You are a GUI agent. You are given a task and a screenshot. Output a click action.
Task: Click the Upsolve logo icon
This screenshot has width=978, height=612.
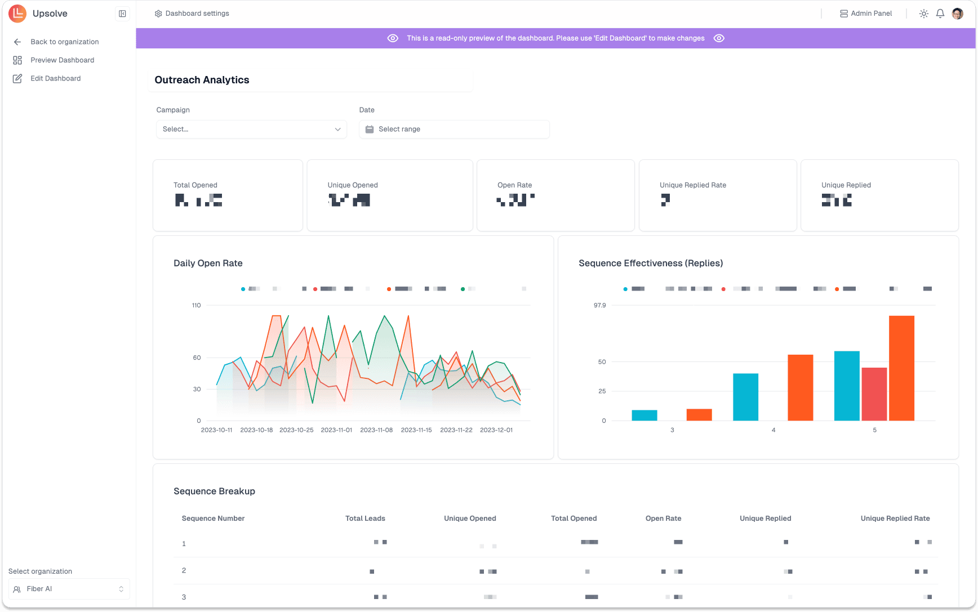pyautogui.click(x=17, y=14)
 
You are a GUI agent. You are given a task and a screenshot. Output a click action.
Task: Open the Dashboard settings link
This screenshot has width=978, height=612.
pyautogui.click(x=192, y=14)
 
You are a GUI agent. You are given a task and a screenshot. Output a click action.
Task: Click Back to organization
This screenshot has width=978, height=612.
pyautogui.click(x=64, y=42)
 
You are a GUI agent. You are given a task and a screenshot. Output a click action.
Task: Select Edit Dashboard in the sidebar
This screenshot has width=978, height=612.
pyautogui.click(x=55, y=78)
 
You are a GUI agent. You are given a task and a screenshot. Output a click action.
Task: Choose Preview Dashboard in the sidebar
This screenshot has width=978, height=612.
pyautogui.click(x=62, y=60)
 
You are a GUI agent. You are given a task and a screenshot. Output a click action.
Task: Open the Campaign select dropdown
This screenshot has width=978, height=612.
pyautogui.click(x=251, y=129)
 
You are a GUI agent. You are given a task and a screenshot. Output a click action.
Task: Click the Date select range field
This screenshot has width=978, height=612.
pyautogui.click(x=454, y=129)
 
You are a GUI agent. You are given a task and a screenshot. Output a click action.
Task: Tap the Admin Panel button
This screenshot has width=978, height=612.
pyautogui.click(x=866, y=14)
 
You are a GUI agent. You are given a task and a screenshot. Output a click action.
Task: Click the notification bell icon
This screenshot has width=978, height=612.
pyautogui.click(x=940, y=14)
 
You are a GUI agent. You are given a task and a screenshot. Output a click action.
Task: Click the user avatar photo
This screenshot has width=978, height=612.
pyautogui.click(x=958, y=14)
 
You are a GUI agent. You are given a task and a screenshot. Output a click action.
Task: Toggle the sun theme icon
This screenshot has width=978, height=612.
pyautogui.click(x=924, y=14)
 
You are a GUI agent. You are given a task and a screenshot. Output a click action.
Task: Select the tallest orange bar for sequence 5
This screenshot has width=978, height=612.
pyautogui.click(x=901, y=368)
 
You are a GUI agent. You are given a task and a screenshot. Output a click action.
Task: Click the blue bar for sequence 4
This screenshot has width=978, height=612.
pyautogui.click(x=745, y=397)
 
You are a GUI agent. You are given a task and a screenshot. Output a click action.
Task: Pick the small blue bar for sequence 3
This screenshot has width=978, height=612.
pyautogui.click(x=644, y=415)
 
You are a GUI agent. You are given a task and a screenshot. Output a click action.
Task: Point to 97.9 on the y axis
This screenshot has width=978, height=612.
pyautogui.click(x=599, y=305)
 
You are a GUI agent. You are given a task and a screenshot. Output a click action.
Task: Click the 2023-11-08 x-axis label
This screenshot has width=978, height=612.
pyautogui.click(x=376, y=430)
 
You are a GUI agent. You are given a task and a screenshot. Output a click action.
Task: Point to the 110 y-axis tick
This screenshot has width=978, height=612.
pyautogui.click(x=196, y=305)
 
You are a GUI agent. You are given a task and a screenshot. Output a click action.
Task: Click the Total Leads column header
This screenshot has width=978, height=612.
pyautogui.click(x=365, y=519)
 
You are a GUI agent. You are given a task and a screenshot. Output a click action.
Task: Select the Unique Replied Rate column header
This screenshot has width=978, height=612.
pyautogui.click(x=895, y=519)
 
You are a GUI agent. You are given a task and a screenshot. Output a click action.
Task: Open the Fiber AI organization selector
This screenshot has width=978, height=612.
pyautogui.click(x=69, y=589)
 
